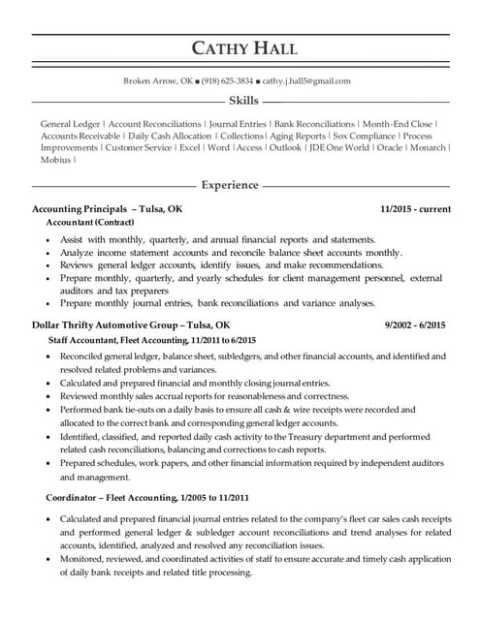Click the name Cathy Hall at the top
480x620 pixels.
243,48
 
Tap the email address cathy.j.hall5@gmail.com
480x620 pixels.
306,81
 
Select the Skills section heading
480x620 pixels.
242,101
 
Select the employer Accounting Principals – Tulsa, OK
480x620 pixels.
107,208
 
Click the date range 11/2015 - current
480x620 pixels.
415,208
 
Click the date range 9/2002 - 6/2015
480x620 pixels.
417,325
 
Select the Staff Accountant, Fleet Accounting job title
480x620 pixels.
151,341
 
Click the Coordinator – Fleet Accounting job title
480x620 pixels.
141,497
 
